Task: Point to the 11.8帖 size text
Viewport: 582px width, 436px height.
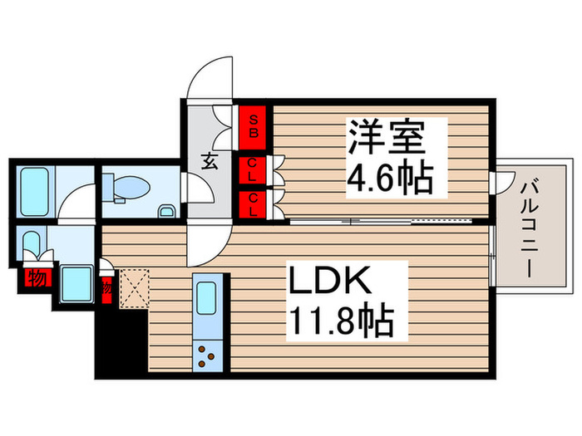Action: [341, 319]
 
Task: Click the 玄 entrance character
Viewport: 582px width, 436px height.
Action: [211, 161]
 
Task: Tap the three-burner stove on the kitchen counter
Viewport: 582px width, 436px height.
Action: [207, 358]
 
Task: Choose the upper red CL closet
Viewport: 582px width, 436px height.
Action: [252, 172]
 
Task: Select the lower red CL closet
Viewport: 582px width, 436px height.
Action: [253, 204]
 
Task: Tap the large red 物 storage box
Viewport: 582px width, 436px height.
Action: [35, 277]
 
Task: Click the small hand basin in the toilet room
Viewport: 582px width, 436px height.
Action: [166, 211]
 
